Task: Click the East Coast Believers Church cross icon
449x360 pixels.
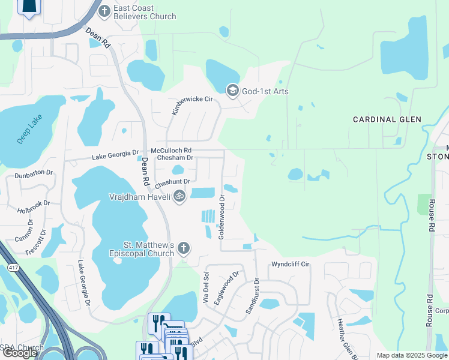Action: click(x=104, y=10)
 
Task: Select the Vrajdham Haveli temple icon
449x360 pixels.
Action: click(x=179, y=196)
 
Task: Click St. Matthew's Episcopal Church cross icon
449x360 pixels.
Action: click(x=184, y=248)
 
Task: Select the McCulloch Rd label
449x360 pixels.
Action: click(x=171, y=150)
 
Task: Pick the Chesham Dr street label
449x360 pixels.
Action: click(x=174, y=158)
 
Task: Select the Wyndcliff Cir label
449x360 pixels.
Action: click(x=290, y=263)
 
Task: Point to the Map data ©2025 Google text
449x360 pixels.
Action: click(x=411, y=355)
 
